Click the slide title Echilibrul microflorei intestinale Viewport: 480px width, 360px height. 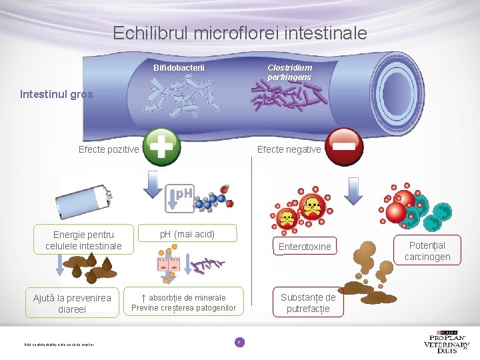tap(240, 33)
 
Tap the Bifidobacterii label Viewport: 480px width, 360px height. tap(179, 68)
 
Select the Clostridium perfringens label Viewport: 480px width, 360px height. tap(289, 73)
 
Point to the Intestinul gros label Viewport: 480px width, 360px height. tap(57, 95)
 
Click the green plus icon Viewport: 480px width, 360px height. tap(162, 147)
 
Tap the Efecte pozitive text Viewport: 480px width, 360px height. tap(109, 149)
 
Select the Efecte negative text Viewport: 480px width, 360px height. tap(289, 149)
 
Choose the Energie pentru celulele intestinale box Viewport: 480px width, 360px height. tap(84, 241)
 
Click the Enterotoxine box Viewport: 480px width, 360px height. tap(305, 247)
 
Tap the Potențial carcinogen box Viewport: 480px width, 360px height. tap(427, 251)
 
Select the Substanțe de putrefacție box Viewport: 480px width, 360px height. tap(308, 303)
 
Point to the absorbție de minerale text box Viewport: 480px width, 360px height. tap(183, 303)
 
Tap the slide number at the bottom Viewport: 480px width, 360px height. tap(239, 342)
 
